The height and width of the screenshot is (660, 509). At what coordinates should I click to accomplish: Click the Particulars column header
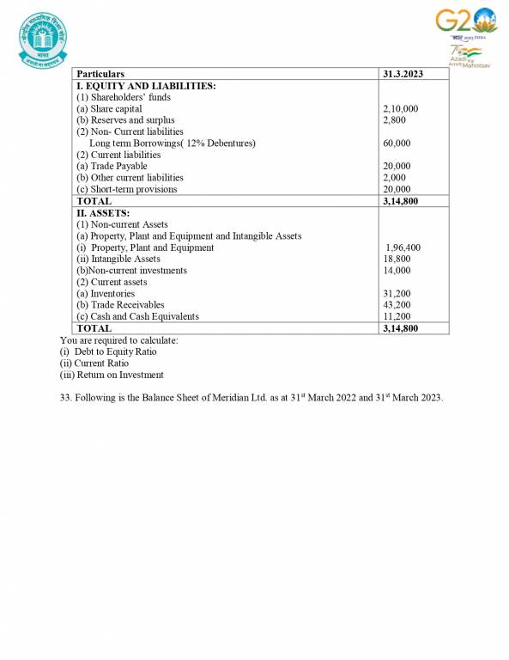click(x=100, y=75)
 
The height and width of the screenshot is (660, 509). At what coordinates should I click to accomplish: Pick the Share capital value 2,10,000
click(x=400, y=109)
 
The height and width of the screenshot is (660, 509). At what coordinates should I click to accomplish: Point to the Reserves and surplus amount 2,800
click(x=394, y=120)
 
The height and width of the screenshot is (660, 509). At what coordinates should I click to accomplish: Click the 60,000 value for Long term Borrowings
click(x=397, y=144)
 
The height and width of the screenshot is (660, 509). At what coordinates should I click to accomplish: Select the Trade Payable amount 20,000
click(x=397, y=166)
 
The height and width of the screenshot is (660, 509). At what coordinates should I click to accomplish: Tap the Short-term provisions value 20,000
click(x=397, y=189)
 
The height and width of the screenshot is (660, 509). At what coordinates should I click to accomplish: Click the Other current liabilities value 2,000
click(x=394, y=177)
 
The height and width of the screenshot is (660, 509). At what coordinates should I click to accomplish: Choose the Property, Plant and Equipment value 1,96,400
click(x=403, y=247)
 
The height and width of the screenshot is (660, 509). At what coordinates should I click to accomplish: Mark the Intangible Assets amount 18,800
click(x=397, y=259)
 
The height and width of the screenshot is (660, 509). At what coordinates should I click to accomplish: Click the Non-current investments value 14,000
click(x=397, y=270)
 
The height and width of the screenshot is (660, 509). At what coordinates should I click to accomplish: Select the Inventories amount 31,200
click(x=397, y=293)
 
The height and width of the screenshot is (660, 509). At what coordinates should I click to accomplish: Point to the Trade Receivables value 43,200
click(x=397, y=304)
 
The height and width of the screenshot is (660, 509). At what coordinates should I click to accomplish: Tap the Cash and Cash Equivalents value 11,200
click(x=397, y=315)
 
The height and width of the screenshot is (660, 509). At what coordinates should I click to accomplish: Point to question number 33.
click(x=65, y=398)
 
